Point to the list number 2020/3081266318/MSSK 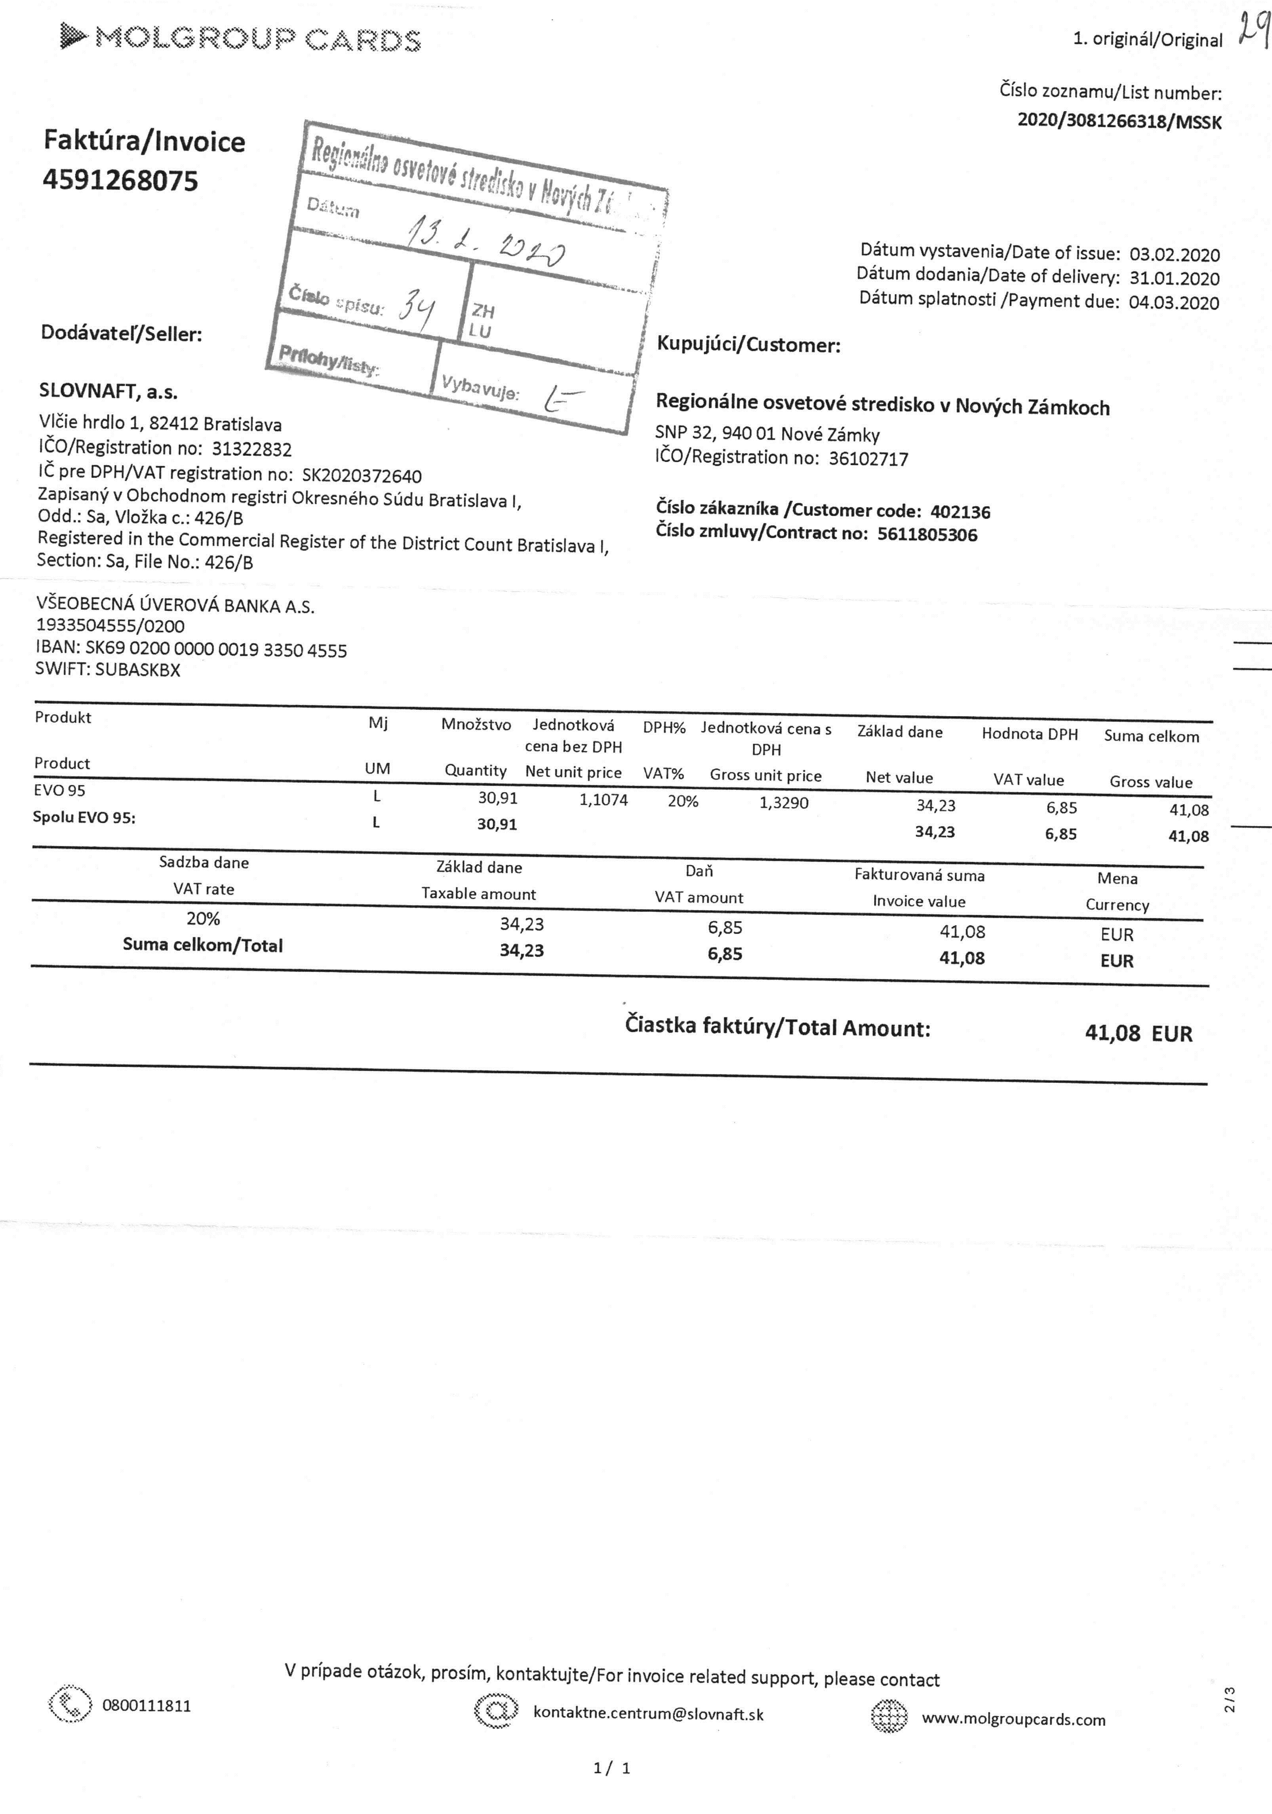tap(1119, 121)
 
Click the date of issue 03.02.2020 tap(1174, 255)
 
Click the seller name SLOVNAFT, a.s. tap(108, 391)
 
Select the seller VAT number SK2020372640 tap(362, 475)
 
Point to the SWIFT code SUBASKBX tap(137, 670)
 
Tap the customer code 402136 tap(960, 512)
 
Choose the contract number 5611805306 tap(927, 535)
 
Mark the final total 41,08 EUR tap(1138, 1032)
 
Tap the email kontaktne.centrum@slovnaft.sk tap(648, 1713)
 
